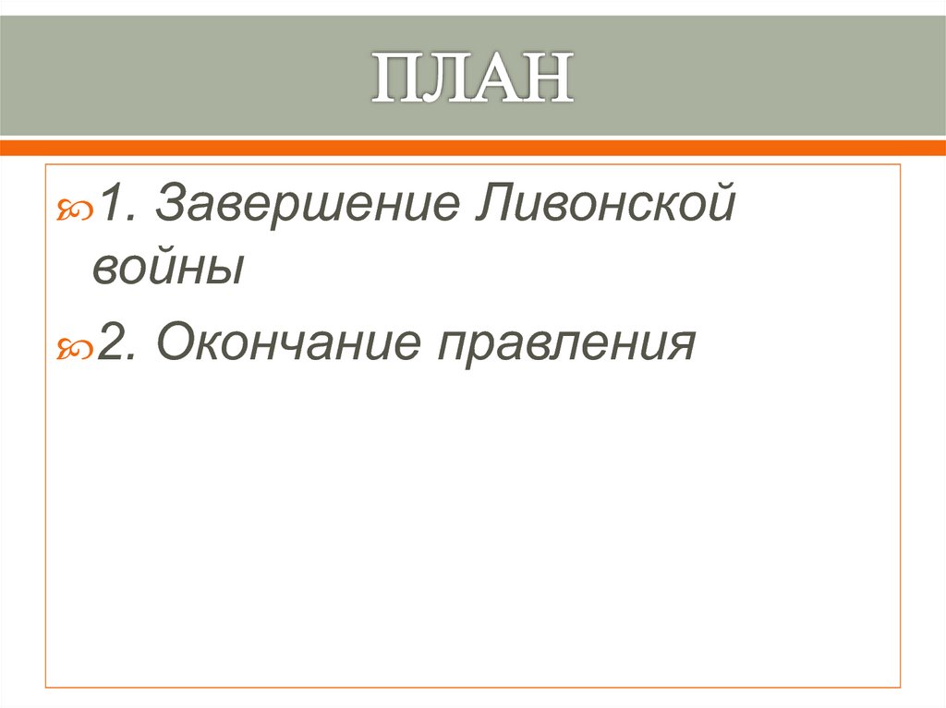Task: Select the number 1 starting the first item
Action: pyautogui.click(x=112, y=200)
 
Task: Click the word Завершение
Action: pyautogui.click(x=309, y=202)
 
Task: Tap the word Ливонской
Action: pyautogui.click(x=607, y=202)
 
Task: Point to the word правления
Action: pyautogui.click(x=565, y=345)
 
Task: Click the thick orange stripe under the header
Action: pyautogui.click(x=473, y=147)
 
